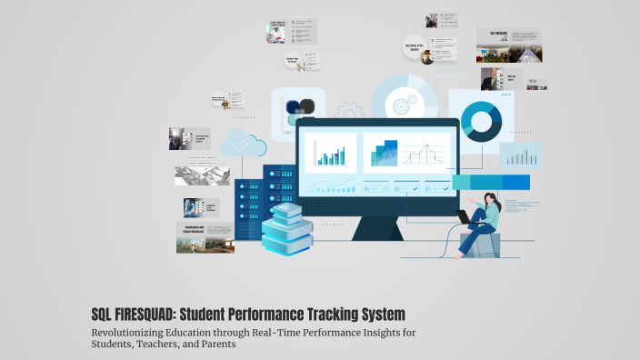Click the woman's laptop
[x=465, y=216]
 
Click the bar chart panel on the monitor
[x=329, y=152]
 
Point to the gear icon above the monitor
[x=350, y=112]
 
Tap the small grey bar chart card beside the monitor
[x=520, y=155]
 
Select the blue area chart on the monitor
[x=384, y=154]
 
